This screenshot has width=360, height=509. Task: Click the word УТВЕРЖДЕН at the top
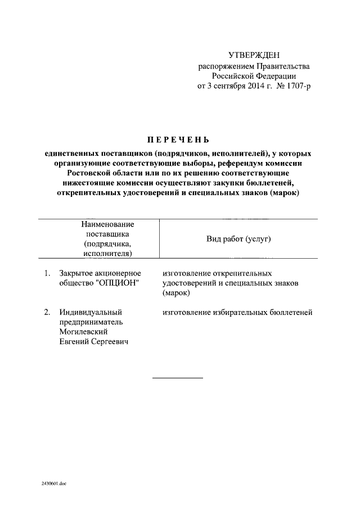click(x=253, y=55)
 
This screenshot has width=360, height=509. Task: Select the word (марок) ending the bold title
click(x=284, y=193)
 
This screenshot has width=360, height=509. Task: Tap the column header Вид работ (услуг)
click(x=238, y=239)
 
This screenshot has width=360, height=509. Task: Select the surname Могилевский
click(x=84, y=332)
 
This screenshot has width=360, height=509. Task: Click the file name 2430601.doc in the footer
click(x=53, y=483)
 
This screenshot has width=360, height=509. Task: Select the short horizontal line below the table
click(x=178, y=377)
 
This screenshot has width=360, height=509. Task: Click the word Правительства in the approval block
click(x=283, y=66)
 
